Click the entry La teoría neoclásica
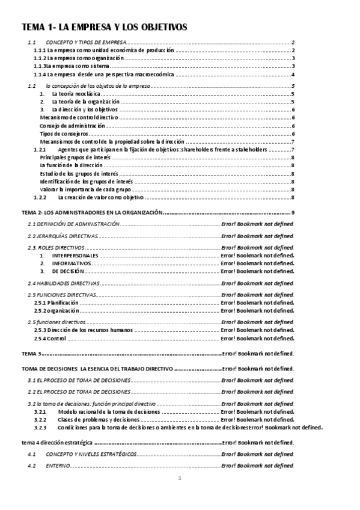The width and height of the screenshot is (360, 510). (76, 94)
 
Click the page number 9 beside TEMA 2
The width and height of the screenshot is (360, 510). (292, 212)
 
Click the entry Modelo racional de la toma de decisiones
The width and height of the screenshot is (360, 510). (109, 412)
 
